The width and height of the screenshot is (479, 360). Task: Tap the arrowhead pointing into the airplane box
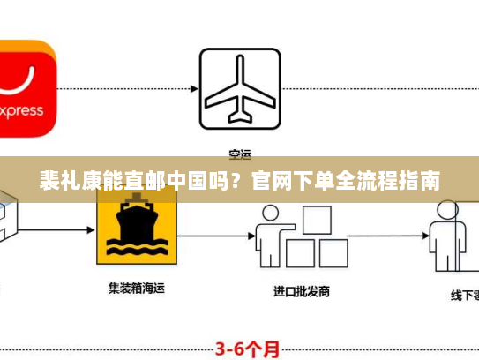(x=193, y=89)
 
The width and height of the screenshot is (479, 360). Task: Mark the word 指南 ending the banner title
(x=421, y=184)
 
